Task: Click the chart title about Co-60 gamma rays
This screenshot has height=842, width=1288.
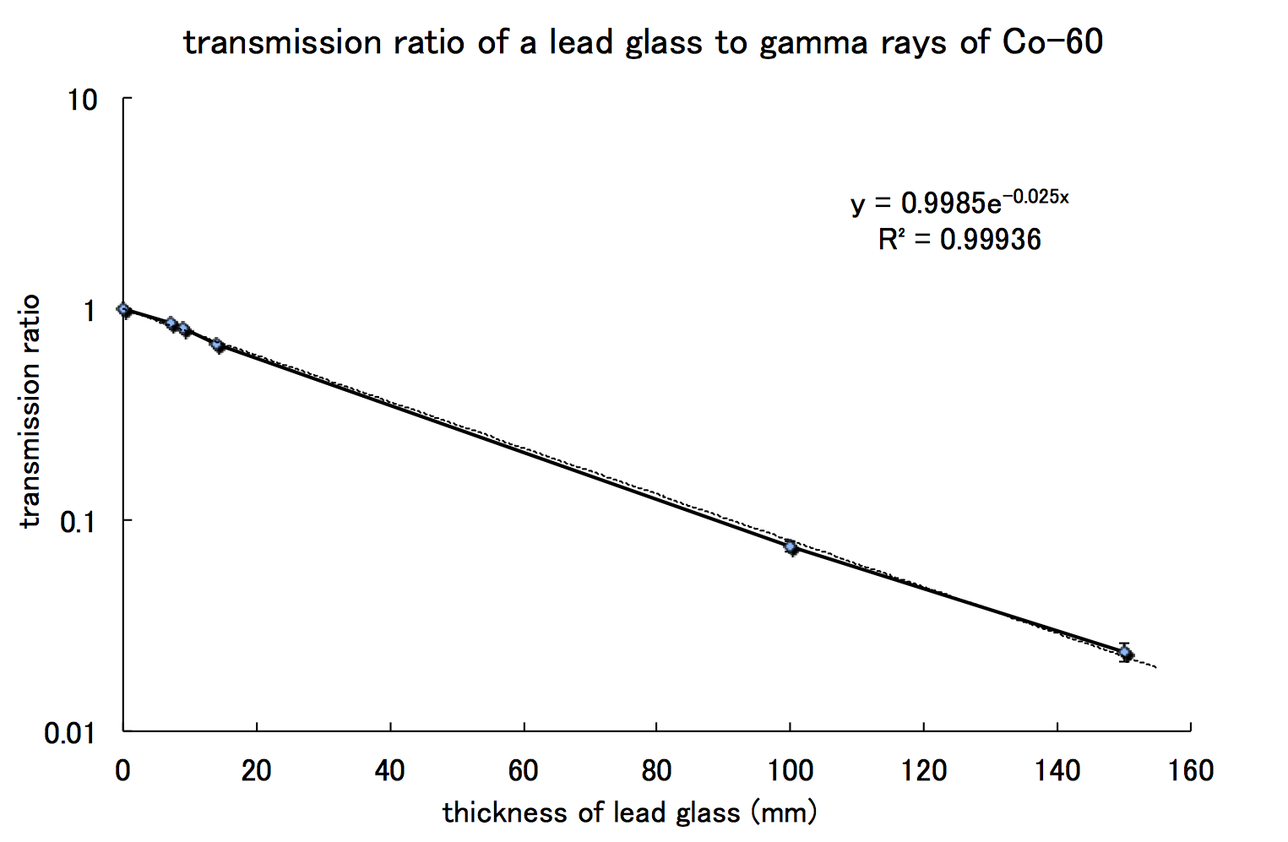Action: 644,42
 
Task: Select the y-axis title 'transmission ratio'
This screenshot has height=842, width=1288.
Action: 30,411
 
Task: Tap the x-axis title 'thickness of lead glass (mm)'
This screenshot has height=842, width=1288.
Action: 630,812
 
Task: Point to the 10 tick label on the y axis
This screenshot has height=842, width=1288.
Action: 82,100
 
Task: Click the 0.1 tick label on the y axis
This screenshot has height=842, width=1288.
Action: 78,522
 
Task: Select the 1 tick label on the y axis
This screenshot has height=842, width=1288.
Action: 90,312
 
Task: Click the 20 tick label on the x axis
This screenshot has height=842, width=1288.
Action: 256,770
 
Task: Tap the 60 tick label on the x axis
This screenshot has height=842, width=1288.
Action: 524,770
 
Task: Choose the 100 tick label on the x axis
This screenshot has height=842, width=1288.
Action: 790,770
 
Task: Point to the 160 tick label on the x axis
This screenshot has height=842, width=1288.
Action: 1190,770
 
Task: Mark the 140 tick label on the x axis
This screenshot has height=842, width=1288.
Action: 1057,770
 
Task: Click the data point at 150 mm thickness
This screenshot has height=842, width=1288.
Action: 1125,653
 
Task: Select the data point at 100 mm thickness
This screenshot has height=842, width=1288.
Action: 791,547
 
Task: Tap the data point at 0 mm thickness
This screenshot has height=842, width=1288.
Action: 124,310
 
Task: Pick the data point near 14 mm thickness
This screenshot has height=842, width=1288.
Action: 217,345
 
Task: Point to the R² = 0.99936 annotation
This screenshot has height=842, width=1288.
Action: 959,240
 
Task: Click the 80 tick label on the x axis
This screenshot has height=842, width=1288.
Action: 656,770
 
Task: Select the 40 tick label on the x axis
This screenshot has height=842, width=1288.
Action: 389,770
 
